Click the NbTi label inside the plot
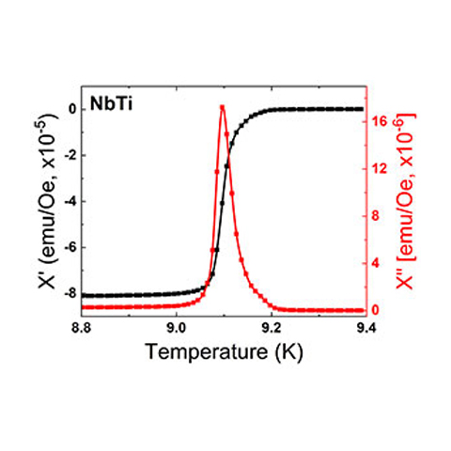pos(112,103)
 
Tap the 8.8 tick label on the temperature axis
pos(82,329)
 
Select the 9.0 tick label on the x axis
pos(177,329)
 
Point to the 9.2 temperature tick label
pos(272,329)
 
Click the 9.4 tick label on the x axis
pos(365,329)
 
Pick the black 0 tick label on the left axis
pos(73,109)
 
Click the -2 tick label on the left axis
pos(70,155)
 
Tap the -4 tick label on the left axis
pos(70,201)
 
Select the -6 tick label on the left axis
pos(70,247)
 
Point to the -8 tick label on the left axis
pos(70,293)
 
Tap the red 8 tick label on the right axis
pos(375,216)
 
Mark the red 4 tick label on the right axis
pos(375,263)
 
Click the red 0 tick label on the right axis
pos(375,310)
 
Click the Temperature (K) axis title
pos(225,351)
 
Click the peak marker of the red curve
pos(223,107)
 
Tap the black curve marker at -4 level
pos(223,203)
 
